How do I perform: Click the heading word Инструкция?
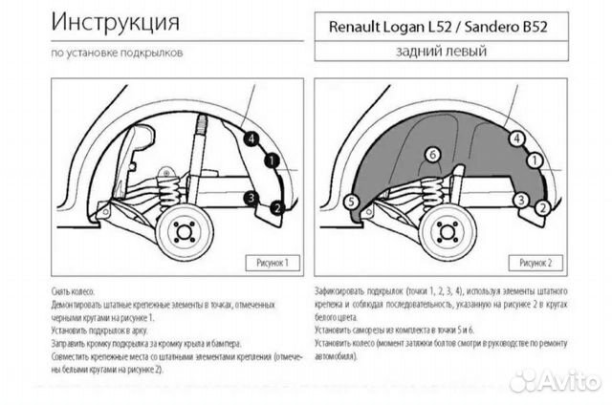[113, 20]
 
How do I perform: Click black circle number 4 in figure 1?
[251, 139]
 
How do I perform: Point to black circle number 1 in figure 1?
[271, 161]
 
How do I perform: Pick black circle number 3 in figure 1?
[250, 198]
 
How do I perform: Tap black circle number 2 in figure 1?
[276, 206]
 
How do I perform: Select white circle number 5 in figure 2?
[351, 201]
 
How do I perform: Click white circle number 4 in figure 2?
[517, 139]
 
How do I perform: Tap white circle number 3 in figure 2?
[520, 199]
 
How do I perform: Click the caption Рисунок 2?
[540, 260]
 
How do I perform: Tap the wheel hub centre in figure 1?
[180, 233]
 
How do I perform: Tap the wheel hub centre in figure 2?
[446, 233]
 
